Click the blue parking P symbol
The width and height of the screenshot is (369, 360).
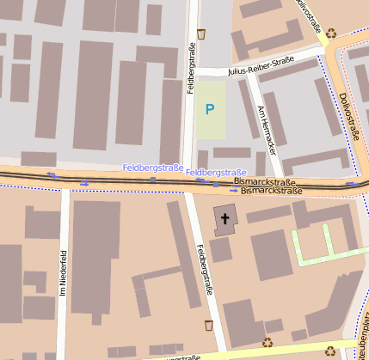tap(210, 109)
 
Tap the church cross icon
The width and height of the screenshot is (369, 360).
tap(225, 219)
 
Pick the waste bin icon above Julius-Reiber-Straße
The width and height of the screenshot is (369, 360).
tap(201, 34)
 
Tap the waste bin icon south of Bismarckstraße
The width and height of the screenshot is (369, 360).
tap(208, 326)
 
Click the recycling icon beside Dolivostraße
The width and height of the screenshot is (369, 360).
tap(331, 34)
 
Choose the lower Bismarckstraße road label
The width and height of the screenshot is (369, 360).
tap(271, 191)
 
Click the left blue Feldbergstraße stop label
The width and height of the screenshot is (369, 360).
tap(153, 168)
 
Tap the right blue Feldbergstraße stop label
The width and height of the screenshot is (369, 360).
tap(216, 173)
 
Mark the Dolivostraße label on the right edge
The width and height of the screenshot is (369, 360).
tap(349, 116)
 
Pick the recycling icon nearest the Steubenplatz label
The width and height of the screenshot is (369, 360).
tap(331, 349)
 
